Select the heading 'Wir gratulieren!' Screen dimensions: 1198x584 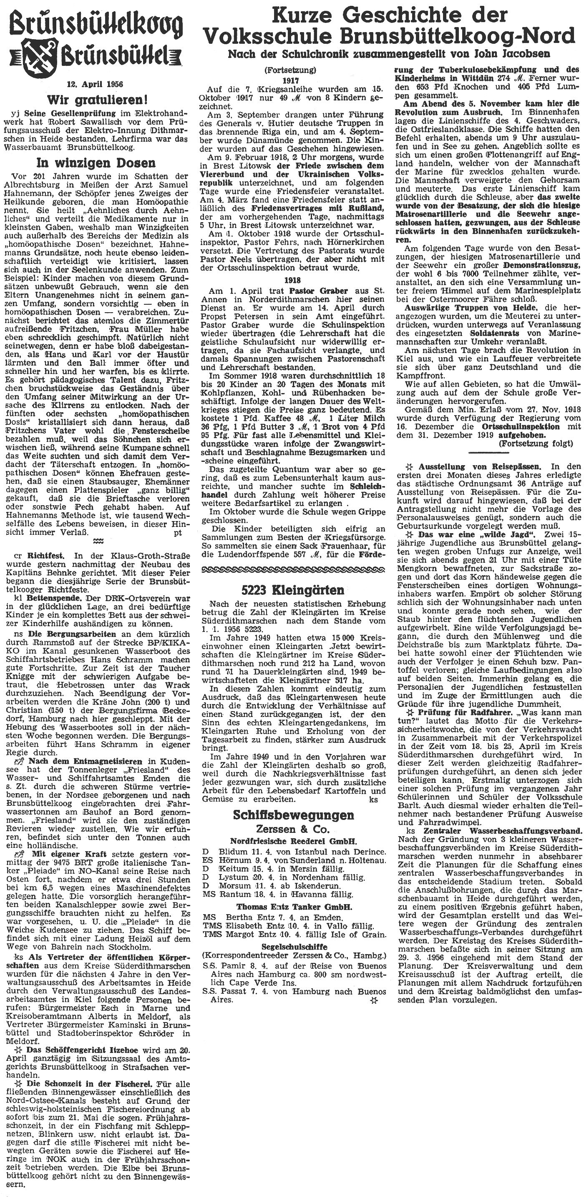[x=96, y=99]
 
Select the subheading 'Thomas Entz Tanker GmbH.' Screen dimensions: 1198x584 [x=294, y=893]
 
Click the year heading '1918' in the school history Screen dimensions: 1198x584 [x=293, y=281]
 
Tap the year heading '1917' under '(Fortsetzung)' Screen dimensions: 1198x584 [x=293, y=80]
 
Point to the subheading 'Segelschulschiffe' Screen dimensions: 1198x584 [x=294, y=933]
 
